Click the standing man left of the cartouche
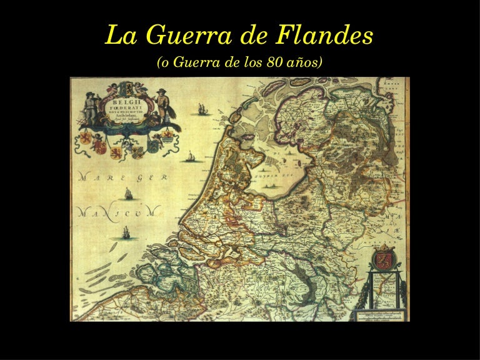click(x=90, y=107)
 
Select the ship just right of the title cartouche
click(x=202, y=109)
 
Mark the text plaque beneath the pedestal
click(x=379, y=314)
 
